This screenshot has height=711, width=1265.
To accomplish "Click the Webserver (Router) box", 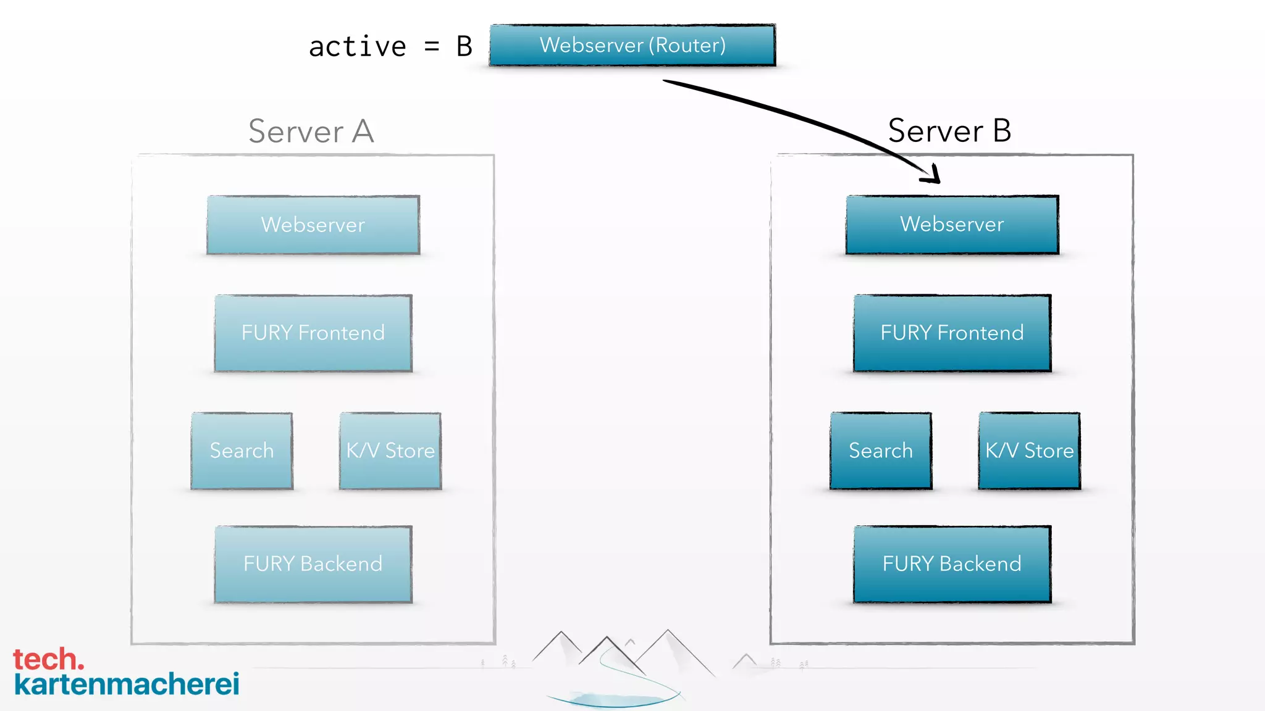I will click(x=632, y=45).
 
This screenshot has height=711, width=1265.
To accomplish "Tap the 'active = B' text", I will click(x=390, y=47).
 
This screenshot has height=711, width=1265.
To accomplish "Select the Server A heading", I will click(x=311, y=131).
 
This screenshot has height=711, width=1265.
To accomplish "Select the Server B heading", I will click(x=949, y=131).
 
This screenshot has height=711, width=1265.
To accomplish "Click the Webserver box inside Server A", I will click(x=313, y=225).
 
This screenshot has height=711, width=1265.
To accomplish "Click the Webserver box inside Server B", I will click(x=952, y=224).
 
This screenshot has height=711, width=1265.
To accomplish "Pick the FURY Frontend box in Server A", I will click(x=313, y=333).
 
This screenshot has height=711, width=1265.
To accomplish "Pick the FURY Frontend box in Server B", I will click(x=952, y=333).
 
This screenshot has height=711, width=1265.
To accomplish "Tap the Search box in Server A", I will click(x=242, y=451).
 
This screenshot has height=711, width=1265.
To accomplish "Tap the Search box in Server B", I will click(x=881, y=451).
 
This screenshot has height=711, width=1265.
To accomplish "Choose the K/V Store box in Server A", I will click(x=390, y=451).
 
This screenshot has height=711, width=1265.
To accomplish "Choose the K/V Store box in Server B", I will click(x=1029, y=451).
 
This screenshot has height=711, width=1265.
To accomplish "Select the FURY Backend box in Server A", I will click(x=313, y=564).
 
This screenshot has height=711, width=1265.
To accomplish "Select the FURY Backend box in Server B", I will click(x=952, y=564).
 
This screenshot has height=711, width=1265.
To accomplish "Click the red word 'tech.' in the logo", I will click(x=48, y=659).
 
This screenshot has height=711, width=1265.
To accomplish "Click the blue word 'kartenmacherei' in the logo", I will click(x=127, y=684).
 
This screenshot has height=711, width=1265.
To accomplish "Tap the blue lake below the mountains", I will click(x=611, y=699).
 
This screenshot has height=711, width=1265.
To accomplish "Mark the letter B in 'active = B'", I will click(x=464, y=47).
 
